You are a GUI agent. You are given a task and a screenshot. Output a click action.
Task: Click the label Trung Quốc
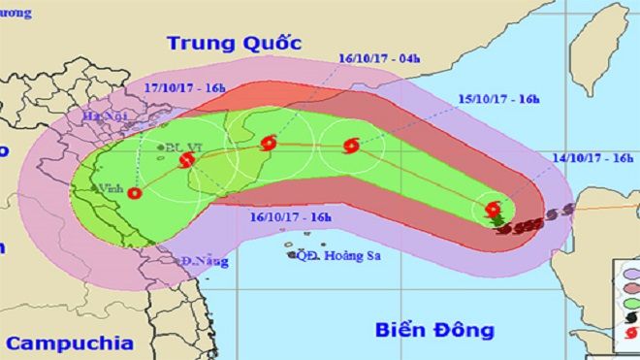pyautogui.click(x=234, y=43)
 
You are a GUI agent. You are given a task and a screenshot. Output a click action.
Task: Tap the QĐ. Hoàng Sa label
pyautogui.click(x=330, y=256)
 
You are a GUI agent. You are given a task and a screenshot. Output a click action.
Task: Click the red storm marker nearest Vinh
pyautogui.click(x=134, y=193)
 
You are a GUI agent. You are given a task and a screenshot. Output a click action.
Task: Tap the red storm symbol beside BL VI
pyautogui.click(x=187, y=162)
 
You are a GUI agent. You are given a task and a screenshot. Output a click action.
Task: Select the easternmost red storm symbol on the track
pyautogui.click(x=493, y=209)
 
